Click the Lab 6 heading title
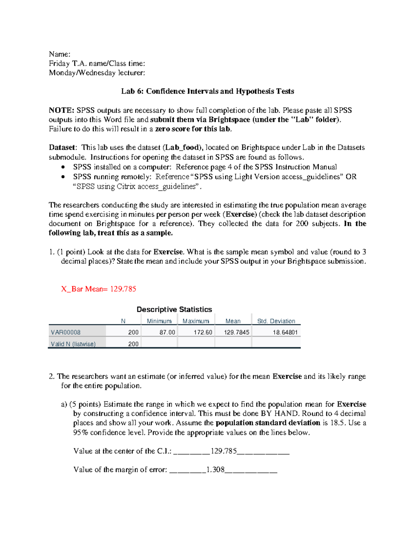[207, 91]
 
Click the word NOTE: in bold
[61, 110]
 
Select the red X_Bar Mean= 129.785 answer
[99, 289]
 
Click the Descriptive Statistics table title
[174, 309]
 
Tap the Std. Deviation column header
[276, 321]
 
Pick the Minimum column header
[159, 321]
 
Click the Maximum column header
[196, 321]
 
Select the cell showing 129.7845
[237, 332]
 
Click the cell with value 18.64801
[285, 332]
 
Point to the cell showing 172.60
[203, 332]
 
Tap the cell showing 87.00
[167, 332]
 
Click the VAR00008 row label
[66, 332]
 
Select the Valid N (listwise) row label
[73, 344]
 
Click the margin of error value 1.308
[215, 470]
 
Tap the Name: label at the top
[59, 54]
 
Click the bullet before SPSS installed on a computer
[63, 167]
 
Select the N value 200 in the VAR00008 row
[133, 332]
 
